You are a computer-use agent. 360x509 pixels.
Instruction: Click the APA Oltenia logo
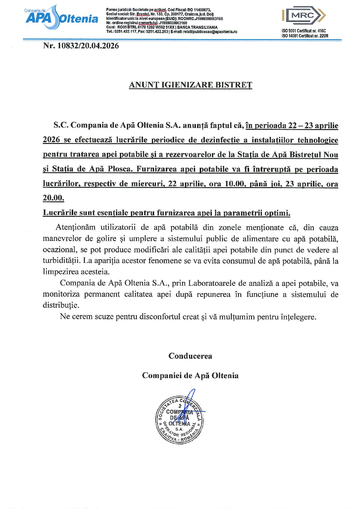[62, 17]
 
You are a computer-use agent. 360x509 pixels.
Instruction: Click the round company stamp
[180, 420]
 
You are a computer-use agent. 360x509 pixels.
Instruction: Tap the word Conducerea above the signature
[190, 356]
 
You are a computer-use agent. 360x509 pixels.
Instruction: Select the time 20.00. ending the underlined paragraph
[53, 198]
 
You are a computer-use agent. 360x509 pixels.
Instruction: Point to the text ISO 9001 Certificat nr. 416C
[304, 31]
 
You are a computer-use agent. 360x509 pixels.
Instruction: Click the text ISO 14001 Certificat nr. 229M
[305, 36]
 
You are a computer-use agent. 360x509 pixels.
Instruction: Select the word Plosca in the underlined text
[120, 169]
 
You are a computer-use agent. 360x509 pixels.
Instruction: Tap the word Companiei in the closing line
[162, 376]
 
